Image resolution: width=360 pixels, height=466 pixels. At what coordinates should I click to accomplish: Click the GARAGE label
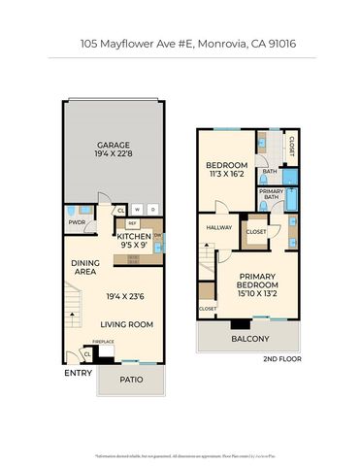113,144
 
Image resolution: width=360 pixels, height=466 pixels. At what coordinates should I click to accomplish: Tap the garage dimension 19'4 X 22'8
113,153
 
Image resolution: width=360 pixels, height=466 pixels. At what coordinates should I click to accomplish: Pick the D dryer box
152,210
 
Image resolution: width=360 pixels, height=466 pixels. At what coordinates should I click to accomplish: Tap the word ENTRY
78,373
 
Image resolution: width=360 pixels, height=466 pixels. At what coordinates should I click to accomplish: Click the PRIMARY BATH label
271,195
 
